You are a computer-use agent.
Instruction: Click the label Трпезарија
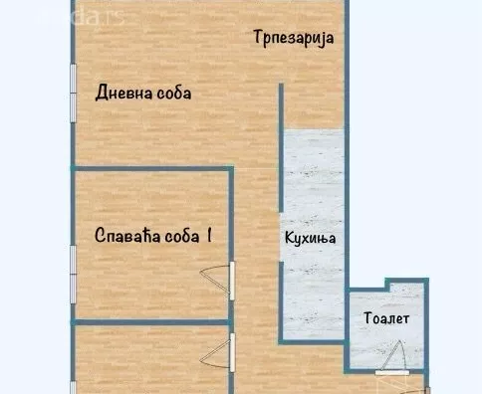click(x=291, y=39)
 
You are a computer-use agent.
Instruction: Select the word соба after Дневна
click(x=173, y=94)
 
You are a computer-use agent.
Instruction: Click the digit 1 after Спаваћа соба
click(x=210, y=236)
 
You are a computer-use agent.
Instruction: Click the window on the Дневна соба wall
click(x=73, y=96)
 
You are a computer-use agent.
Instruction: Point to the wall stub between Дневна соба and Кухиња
click(x=280, y=109)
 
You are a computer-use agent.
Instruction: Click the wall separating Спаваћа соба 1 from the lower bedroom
click(x=149, y=322)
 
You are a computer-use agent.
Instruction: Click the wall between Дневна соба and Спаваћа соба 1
click(x=149, y=168)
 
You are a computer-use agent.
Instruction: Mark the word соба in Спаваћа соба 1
click(x=181, y=236)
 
